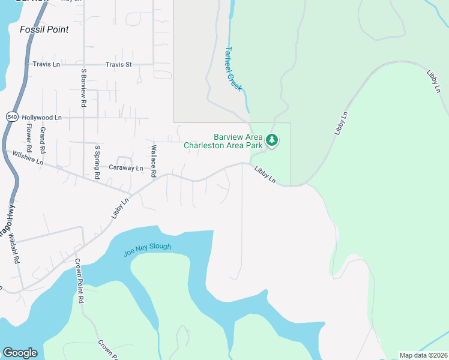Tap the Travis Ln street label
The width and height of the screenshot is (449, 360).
(46, 64)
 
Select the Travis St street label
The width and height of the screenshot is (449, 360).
(118, 64)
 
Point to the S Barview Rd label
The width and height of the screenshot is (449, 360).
(83, 88)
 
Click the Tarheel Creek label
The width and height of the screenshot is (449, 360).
(234, 68)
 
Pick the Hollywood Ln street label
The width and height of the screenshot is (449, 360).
(41, 118)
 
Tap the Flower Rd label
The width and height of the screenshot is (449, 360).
(28, 137)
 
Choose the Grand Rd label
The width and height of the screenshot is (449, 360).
(43, 139)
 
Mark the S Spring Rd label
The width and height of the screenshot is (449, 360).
(97, 161)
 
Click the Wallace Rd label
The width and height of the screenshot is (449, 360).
(154, 161)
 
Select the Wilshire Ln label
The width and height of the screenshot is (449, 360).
(28, 158)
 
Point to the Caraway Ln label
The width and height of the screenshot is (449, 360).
(125, 169)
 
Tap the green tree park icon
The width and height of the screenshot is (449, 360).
(272, 140)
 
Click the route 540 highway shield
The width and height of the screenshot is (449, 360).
(12, 117)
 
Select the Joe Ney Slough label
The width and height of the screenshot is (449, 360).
(147, 250)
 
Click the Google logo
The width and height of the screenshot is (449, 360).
(20, 353)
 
